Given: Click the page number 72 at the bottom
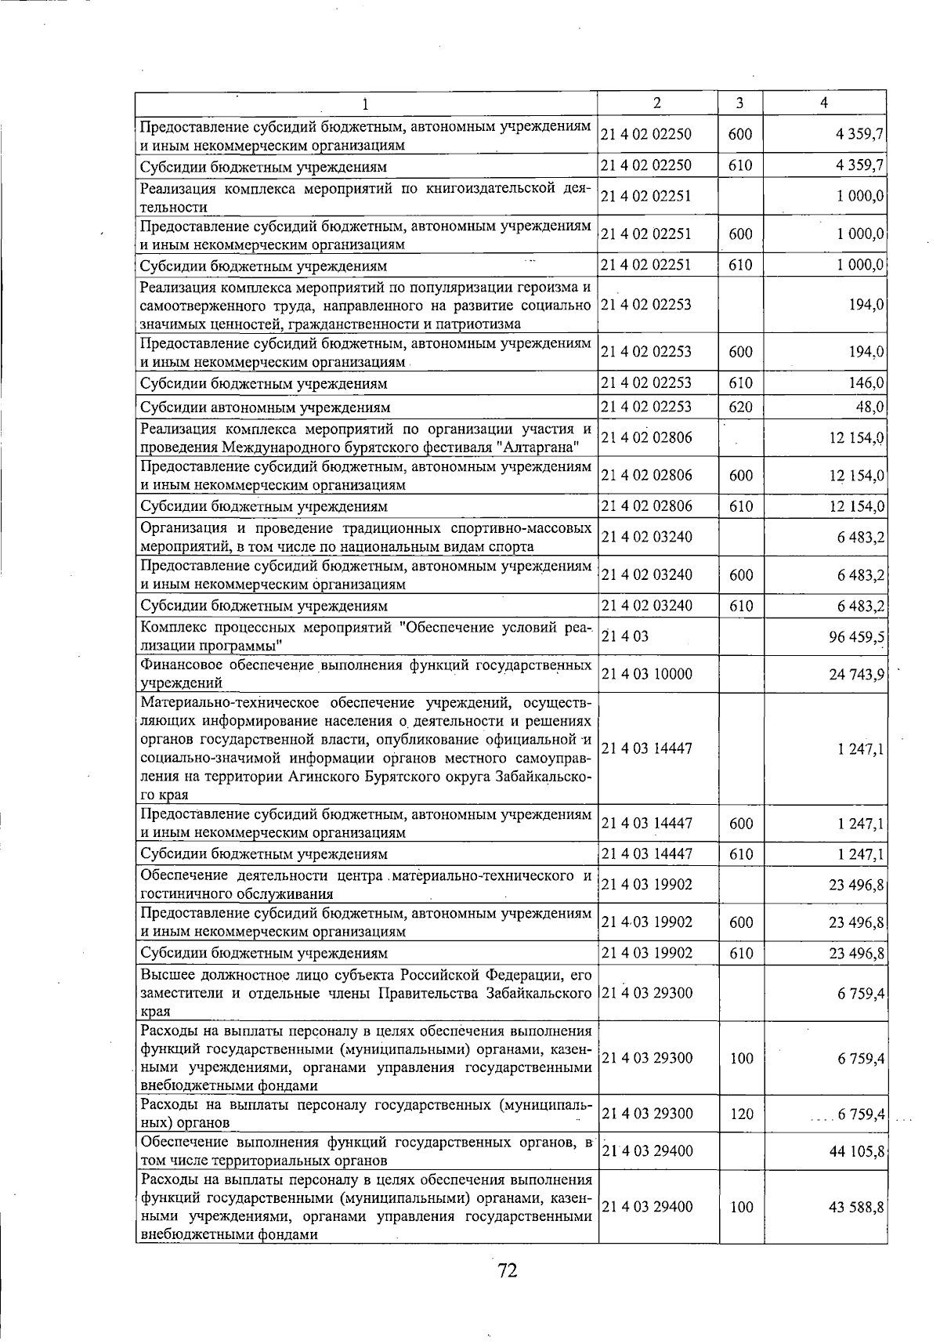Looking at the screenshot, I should click(x=507, y=1270).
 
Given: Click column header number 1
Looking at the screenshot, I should click(x=366, y=103).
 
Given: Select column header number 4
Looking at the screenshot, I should click(x=823, y=103).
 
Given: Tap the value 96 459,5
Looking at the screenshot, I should click(x=857, y=636).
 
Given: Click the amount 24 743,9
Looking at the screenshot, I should click(x=857, y=674).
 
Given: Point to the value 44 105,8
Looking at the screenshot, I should click(x=857, y=1151).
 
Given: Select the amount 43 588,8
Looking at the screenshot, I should click(x=857, y=1207).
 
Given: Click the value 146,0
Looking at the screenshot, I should click(x=866, y=383).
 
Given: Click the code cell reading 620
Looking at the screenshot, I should click(x=740, y=407).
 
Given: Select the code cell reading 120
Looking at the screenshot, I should click(x=741, y=1114).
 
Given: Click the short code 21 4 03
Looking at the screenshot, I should click(x=624, y=636).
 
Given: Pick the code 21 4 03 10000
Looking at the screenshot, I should click(x=646, y=674).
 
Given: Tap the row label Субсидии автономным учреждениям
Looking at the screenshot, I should click(x=265, y=407).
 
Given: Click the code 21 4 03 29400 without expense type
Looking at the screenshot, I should click(x=647, y=1151).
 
